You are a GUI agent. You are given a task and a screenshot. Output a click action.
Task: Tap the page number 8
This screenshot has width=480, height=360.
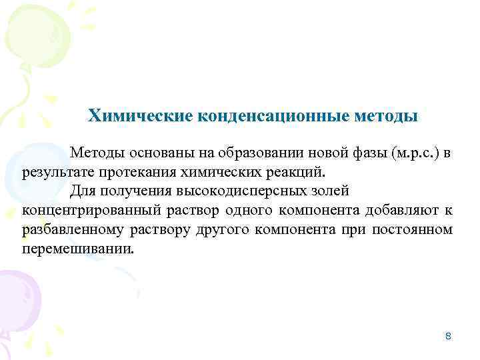coord(448,337)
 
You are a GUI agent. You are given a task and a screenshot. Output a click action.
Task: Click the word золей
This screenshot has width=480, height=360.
coord(327,192)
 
